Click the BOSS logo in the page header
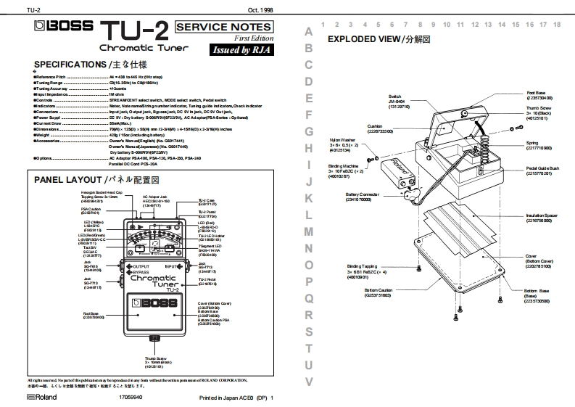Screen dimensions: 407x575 click(65, 29)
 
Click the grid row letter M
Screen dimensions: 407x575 click(309, 232)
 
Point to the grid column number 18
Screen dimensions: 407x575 click(556, 24)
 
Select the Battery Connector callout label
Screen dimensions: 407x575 click(364, 197)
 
